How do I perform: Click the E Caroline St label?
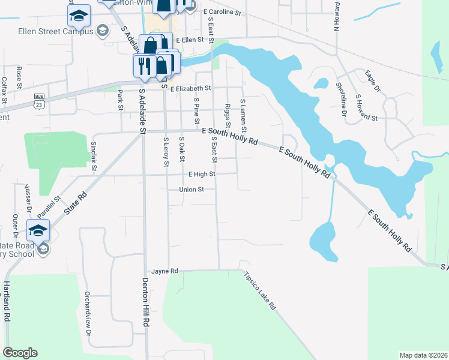tap(221, 12)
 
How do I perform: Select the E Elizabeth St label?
tap(190, 88)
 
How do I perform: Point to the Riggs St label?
tap(228, 112)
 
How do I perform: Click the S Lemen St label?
tap(243, 116)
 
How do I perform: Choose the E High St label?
tap(201, 174)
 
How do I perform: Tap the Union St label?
tap(192, 190)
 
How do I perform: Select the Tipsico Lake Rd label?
tap(260, 291)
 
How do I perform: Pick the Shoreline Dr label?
tap(342, 99)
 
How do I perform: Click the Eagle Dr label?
tap(373, 81)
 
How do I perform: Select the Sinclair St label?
tap(94, 156)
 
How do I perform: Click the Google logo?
tap(20, 353)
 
